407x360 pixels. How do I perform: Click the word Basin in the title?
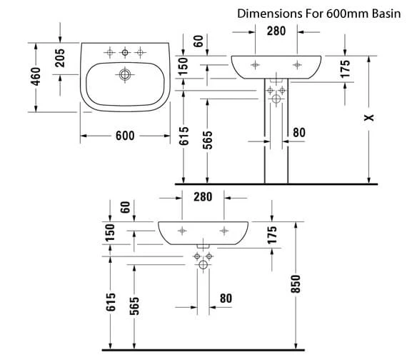(386, 14)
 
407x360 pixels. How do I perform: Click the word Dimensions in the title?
(270, 14)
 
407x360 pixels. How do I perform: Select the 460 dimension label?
(36, 76)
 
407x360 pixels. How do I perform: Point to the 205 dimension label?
(60, 58)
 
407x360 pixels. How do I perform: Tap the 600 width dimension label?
(125, 136)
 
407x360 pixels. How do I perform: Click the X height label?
(369, 117)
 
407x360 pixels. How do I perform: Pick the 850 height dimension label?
(296, 284)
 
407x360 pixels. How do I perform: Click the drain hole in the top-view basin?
(125, 75)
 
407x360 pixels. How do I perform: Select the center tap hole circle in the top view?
(125, 52)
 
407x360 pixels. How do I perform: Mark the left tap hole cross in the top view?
(109, 53)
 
